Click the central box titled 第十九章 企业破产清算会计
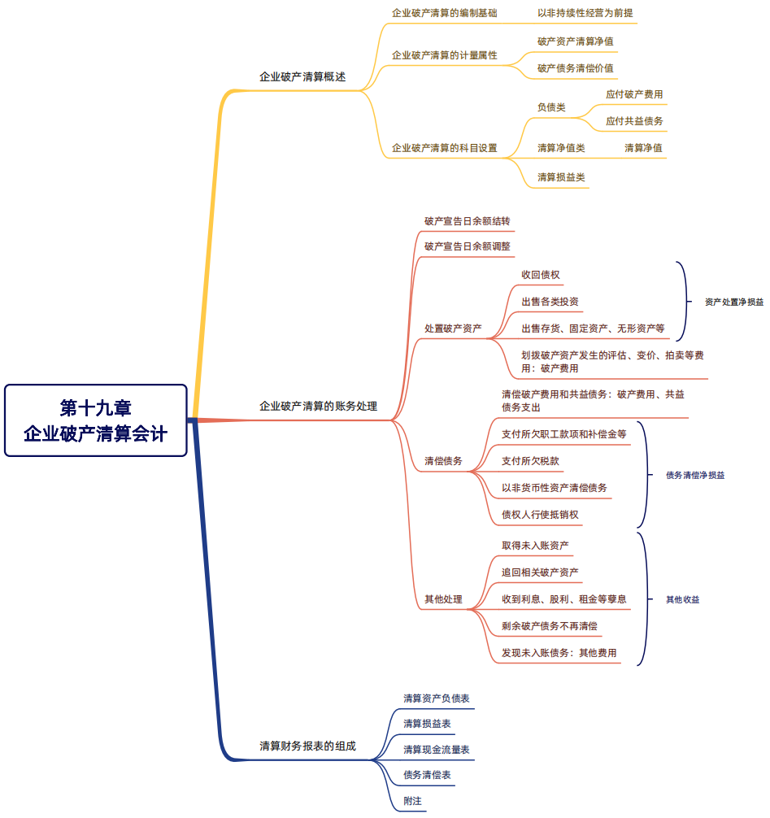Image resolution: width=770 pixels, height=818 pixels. (96, 420)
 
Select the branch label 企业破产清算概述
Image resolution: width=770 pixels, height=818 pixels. (302, 77)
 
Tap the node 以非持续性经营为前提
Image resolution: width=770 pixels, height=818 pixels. (585, 13)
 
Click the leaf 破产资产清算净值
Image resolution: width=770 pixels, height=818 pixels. (575, 41)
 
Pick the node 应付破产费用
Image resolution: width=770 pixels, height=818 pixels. (634, 94)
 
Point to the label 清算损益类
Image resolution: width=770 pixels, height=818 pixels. (561, 176)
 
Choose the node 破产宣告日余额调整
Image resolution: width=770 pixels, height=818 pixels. (468, 246)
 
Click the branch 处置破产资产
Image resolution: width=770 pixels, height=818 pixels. (453, 329)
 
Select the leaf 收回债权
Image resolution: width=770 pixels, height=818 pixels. (540, 275)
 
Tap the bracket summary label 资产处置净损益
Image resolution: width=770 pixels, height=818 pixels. (733, 302)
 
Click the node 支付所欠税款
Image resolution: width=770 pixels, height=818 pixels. (530, 461)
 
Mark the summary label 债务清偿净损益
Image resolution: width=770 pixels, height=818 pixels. (694, 475)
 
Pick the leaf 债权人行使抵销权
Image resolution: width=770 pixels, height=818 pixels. (540, 515)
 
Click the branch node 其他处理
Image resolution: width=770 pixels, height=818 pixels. (443, 599)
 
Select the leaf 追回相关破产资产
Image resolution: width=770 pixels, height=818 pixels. (540, 572)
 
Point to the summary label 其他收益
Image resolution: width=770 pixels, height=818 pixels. (682, 599)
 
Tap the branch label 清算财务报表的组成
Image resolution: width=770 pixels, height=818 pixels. (307, 746)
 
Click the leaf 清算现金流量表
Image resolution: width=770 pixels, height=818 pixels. (436, 749)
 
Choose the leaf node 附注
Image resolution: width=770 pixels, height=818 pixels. (412, 801)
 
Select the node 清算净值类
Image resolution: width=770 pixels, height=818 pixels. (561, 148)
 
